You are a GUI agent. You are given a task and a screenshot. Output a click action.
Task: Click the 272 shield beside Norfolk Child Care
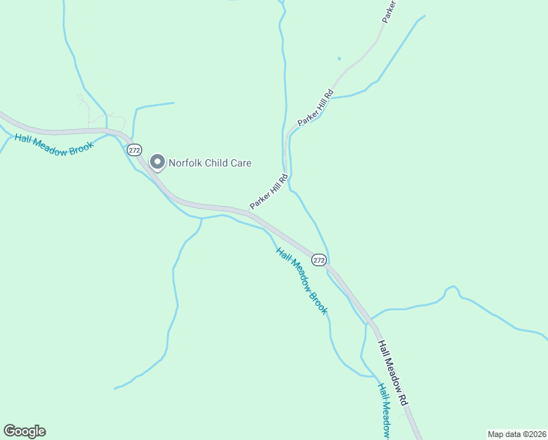pyautogui.click(x=134, y=150)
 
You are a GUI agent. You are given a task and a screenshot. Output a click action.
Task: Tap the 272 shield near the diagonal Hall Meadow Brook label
pyautogui.click(x=319, y=260)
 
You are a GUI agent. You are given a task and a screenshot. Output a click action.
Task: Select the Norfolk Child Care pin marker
pyautogui.click(x=157, y=162)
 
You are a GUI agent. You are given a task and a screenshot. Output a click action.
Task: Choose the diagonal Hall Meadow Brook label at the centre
pyautogui.click(x=302, y=281)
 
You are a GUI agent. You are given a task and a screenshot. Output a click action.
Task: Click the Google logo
pyautogui.click(x=24, y=431)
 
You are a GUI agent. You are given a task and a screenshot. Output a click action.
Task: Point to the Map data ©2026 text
pyautogui.click(x=516, y=433)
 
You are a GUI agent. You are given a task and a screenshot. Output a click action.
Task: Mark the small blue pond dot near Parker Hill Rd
pyautogui.click(x=338, y=59)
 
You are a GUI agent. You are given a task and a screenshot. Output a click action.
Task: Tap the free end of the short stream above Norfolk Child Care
pyautogui.click(x=174, y=103)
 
